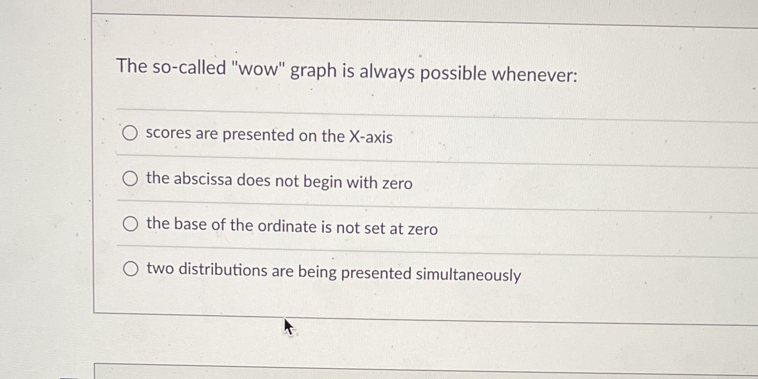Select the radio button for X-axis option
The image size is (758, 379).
130,133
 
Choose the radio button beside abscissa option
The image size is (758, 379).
130,179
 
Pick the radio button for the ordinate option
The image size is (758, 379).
130,224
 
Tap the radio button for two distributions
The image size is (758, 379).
130,269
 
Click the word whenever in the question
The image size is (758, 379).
535,74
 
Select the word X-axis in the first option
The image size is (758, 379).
370,137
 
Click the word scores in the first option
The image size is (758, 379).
168,133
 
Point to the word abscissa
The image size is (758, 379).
202,179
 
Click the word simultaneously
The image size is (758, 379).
468,274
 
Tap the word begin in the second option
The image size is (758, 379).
322,182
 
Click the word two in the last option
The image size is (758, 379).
160,269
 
